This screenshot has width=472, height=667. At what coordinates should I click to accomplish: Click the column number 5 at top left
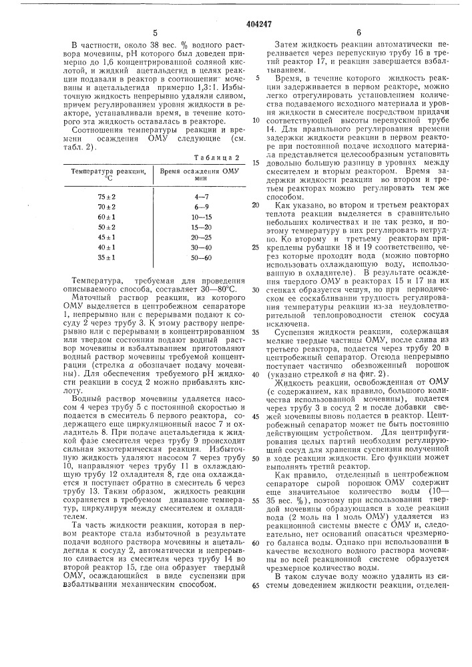pyautogui.click(x=154, y=31)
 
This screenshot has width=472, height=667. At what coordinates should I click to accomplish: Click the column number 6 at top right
pyautogui.click(x=358, y=31)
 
